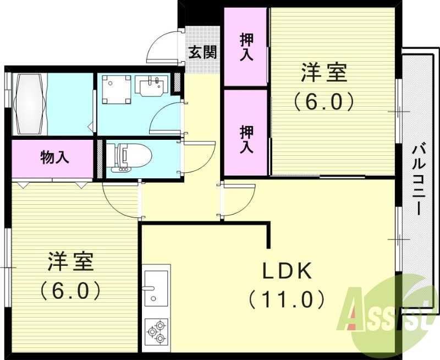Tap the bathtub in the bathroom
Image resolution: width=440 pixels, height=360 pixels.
30,104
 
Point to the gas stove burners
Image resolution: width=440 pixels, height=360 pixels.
156,330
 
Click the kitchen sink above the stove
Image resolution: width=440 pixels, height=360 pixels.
156,285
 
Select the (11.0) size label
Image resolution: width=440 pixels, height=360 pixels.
286,299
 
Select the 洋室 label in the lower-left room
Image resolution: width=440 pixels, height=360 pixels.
70,262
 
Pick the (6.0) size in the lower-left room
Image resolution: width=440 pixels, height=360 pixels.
70,291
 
